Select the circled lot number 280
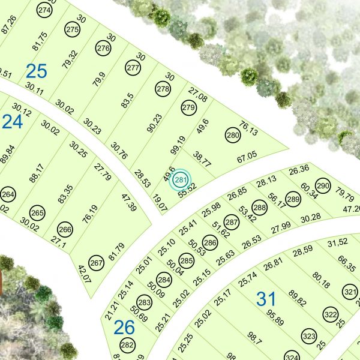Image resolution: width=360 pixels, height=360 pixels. point(233,136)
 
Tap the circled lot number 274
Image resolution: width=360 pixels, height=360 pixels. point(44,10)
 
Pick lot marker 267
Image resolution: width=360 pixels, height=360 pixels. point(96,263)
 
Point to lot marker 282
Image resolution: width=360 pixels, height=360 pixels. point(127,345)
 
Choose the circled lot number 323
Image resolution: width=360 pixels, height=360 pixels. point(309,335)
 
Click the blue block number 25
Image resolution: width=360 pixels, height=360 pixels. point(36,71)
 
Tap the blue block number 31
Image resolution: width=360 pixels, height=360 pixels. point(267,297)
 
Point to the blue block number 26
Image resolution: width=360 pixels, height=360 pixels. point(124,327)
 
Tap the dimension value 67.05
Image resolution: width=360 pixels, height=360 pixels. point(247,157)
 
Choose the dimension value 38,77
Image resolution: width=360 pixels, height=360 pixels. point(202,159)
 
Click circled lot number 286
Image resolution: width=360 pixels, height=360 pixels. point(209,243)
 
